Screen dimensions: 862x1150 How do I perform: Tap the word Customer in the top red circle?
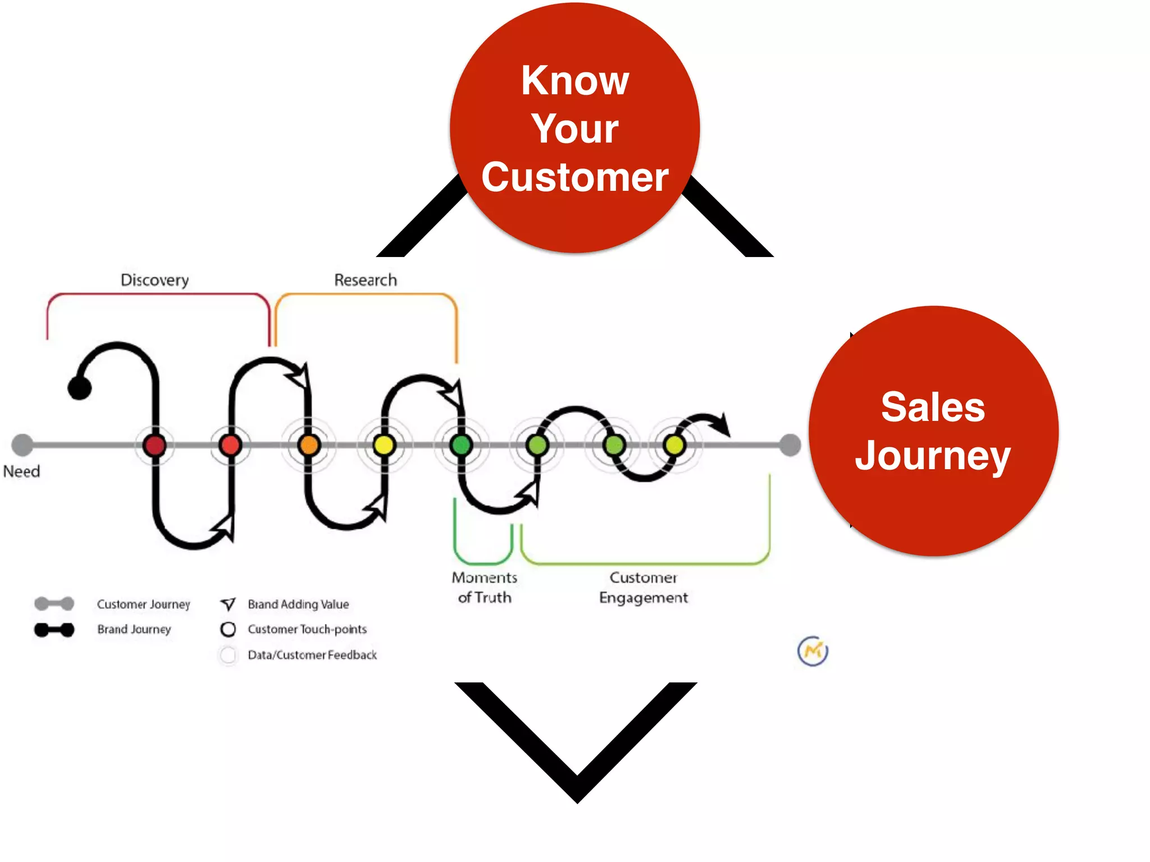pos(575,177)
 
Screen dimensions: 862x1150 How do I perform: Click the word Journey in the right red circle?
pos(933,456)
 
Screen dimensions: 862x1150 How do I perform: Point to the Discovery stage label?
pos(154,280)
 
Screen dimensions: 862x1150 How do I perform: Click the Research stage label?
pos(366,279)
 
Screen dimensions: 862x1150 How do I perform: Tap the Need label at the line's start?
pos(22,471)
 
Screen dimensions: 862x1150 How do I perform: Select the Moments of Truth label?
pos(484,587)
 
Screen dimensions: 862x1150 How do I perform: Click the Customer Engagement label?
pos(644,587)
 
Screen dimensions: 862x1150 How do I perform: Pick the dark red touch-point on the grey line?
pos(154,445)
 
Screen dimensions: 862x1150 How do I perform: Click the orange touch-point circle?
pos(308,445)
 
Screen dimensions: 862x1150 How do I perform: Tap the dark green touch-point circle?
pos(461,446)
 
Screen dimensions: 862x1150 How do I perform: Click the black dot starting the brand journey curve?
pos(79,388)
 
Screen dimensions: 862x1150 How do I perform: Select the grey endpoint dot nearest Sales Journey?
pos(790,445)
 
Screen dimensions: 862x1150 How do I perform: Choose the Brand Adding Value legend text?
pos(298,604)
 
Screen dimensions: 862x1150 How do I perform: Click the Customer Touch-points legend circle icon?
pos(228,630)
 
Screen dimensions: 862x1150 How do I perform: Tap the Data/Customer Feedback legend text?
pos(312,655)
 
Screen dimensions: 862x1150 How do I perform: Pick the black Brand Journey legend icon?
pos(54,630)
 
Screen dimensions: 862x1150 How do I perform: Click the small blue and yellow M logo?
pos(813,651)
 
